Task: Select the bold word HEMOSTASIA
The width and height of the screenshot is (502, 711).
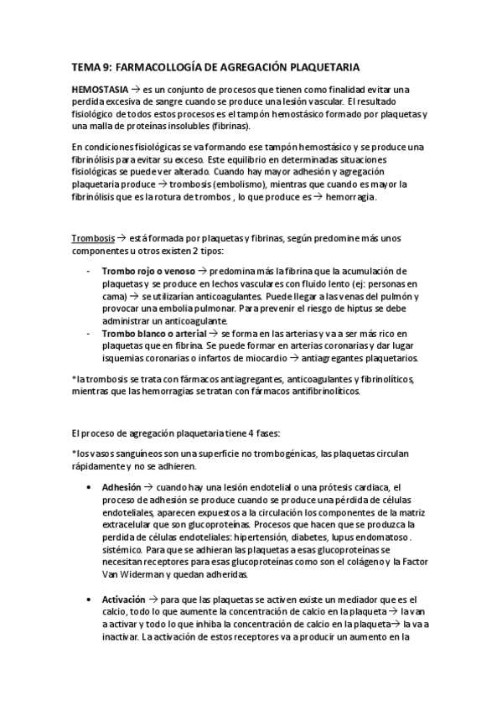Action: click(x=101, y=88)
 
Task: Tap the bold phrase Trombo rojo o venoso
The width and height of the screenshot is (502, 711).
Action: click(x=148, y=272)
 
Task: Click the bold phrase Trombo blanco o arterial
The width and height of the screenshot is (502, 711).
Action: click(x=154, y=332)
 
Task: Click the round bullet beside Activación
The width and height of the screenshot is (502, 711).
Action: click(x=90, y=600)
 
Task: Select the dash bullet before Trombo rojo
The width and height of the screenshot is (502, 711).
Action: click(x=90, y=272)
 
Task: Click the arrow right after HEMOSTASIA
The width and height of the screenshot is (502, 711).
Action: click(x=136, y=88)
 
